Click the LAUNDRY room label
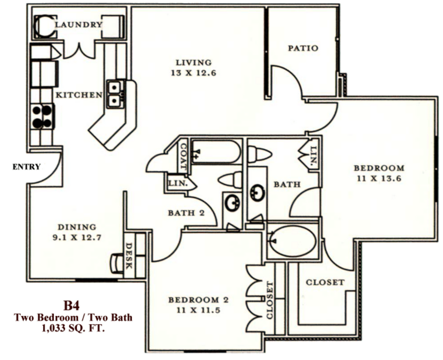click(78, 25)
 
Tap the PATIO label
click(303, 48)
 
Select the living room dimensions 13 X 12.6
click(193, 74)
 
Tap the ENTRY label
click(27, 166)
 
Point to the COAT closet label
click(183, 156)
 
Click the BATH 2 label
click(186, 213)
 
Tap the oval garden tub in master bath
click(294, 240)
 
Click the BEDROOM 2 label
click(199, 300)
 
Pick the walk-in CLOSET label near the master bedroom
click(325, 283)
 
